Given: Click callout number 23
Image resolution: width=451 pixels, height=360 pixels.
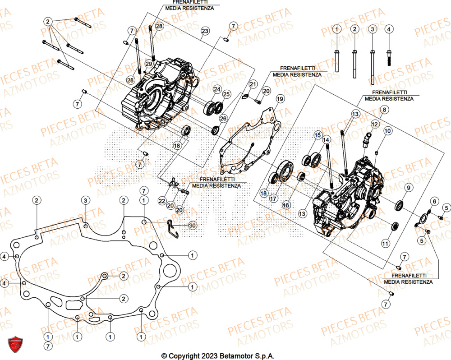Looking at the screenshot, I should coord(205,31).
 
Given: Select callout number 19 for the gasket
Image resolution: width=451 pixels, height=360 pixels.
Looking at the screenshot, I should coord(280,99).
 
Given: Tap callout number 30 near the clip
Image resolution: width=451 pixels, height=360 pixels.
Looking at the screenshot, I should coord(193,225).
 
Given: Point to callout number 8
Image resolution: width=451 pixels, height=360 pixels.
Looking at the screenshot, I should coord(385,110).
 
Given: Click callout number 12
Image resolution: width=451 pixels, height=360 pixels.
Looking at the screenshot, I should coord(374,124).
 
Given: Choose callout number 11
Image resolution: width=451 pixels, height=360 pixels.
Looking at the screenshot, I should coord(385,243).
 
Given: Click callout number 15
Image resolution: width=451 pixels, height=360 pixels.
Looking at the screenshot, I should coord(318,134).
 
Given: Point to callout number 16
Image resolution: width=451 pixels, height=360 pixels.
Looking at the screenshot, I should coord(285,204).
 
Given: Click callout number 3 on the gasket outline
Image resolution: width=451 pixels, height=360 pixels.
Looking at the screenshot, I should coord(85,200).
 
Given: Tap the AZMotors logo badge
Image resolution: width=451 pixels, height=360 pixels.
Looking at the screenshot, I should coord(15,346).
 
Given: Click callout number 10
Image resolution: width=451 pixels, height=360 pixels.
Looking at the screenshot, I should coord(388,131).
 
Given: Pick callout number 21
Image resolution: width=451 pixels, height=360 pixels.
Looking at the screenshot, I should coord(253,84).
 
